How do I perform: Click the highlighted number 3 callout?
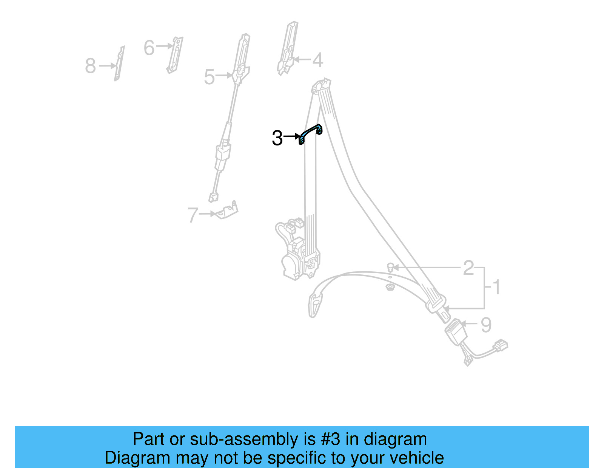point(277,138)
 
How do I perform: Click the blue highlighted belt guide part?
point(310,133)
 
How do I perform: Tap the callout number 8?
point(90,66)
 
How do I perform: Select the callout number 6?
point(149,48)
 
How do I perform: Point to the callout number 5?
point(209,77)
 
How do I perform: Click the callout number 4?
point(317,60)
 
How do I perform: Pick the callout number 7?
point(193,215)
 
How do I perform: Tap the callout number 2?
point(468,268)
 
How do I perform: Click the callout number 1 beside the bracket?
point(496,287)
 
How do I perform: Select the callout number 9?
point(486,325)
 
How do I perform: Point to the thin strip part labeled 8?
point(119,64)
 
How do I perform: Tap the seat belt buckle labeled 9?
point(456,331)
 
